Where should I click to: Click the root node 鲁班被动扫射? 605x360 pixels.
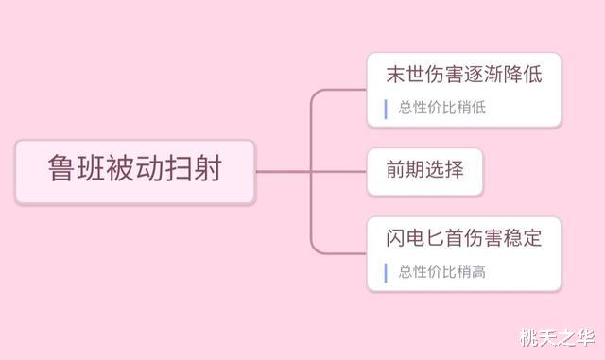[x=135, y=171]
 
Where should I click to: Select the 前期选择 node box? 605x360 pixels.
[x=424, y=171]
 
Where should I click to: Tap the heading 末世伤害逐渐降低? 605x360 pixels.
[x=464, y=75]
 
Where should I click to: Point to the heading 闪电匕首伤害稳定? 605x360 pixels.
[x=464, y=238]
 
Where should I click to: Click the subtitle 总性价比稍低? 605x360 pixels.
[x=441, y=109]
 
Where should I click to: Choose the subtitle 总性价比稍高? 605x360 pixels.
[x=441, y=272]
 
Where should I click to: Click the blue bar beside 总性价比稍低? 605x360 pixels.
[x=386, y=109]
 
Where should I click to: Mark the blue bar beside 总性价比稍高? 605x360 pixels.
[x=386, y=272]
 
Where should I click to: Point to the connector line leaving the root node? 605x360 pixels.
[x=284, y=172]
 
